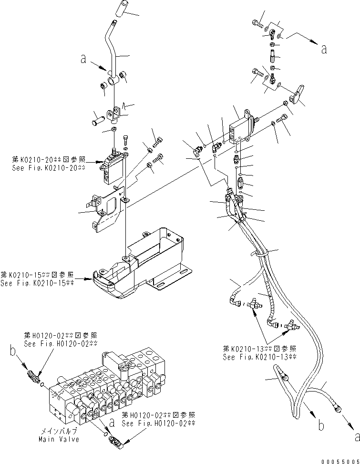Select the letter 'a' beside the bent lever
coord(83,60)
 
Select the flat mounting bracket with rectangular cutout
coord(107,210)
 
